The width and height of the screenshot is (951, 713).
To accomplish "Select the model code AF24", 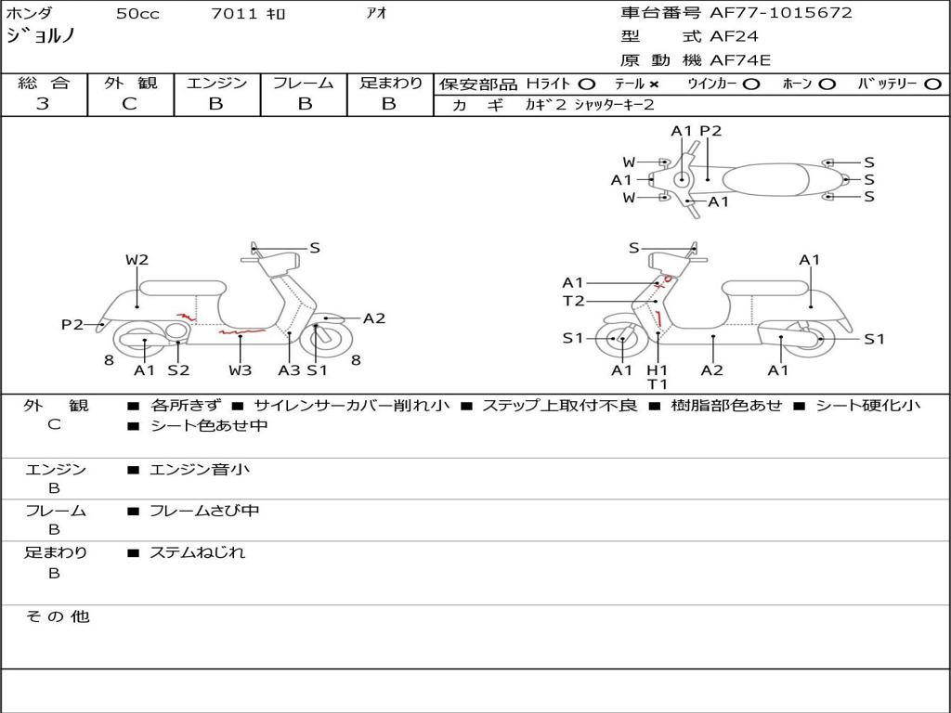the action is tap(734, 36).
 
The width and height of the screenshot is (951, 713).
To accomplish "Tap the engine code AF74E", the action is tap(740, 60).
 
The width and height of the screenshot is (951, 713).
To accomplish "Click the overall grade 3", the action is tap(43, 104).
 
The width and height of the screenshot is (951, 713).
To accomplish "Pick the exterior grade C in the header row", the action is tap(130, 104).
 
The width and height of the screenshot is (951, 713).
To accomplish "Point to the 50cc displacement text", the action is tap(137, 14).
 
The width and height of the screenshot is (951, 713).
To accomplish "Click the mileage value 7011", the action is tap(234, 13).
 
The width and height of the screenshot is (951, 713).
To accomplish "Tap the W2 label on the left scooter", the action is tap(137, 260).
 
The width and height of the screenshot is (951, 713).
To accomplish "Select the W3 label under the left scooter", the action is tap(241, 369).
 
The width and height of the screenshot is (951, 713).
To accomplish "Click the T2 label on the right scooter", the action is tap(573, 301).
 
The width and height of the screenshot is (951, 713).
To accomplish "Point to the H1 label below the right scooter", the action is tap(657, 369).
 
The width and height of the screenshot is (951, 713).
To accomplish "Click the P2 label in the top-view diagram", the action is tap(710, 131).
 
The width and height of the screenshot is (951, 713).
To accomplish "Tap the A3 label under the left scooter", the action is tap(289, 369).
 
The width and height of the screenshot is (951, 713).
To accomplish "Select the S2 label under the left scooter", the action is tap(179, 369).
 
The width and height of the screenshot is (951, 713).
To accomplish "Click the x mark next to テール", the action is tap(653, 84).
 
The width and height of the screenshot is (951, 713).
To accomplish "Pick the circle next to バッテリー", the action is tap(932, 84).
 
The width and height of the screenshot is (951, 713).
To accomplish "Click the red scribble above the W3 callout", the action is tap(242, 331).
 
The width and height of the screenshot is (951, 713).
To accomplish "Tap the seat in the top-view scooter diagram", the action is tap(765, 179).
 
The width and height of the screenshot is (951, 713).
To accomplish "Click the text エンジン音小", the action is tap(200, 469).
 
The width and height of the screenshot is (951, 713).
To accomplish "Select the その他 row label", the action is tap(58, 616).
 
